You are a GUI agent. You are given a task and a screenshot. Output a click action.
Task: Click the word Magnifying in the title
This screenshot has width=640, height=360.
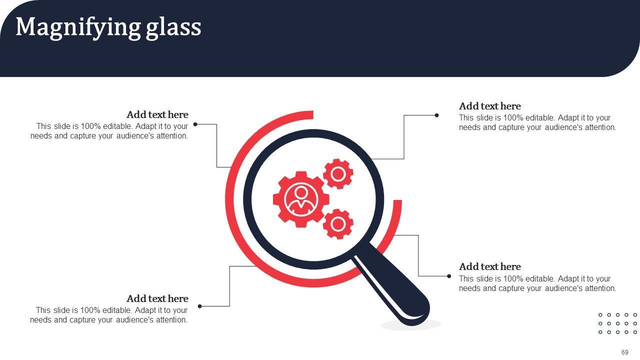[x=78, y=27]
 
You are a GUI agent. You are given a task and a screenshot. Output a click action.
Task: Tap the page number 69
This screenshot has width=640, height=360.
[x=625, y=352]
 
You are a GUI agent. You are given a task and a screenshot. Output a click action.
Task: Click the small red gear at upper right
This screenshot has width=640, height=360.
[x=338, y=174]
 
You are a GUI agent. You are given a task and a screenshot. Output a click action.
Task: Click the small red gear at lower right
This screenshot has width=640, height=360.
[x=338, y=224]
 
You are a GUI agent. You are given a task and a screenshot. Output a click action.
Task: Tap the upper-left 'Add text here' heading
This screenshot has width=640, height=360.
[x=157, y=114]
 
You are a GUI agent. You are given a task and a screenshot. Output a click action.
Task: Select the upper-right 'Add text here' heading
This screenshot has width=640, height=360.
[x=490, y=106]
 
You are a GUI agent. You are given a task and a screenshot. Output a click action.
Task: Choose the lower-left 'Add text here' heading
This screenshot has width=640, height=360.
[x=157, y=298]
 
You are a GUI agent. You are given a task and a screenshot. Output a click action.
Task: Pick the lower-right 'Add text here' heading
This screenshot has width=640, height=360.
[x=490, y=266]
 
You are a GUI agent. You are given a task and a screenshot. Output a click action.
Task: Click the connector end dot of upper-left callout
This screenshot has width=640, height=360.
[x=195, y=124]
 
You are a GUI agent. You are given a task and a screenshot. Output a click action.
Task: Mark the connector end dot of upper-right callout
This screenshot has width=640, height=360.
[x=436, y=115]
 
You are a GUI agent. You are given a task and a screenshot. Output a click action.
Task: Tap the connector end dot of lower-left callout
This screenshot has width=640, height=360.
[x=200, y=306]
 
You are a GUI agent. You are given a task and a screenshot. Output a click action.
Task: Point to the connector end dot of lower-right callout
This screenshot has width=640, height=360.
[x=449, y=276]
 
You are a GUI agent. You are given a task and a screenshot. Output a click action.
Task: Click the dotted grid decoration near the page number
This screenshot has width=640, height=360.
[x=617, y=323]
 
